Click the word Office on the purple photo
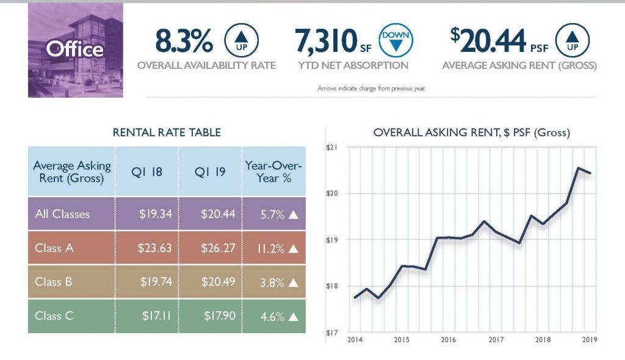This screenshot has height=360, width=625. pyautogui.click(x=75, y=49)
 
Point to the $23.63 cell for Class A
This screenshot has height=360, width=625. pyautogui.click(x=147, y=248)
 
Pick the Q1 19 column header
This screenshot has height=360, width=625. pyautogui.click(x=211, y=171)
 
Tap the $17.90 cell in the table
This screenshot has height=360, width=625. pyautogui.click(x=211, y=315)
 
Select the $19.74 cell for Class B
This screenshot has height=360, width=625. pyautogui.click(x=147, y=282)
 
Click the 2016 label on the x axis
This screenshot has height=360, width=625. pyautogui.click(x=449, y=339)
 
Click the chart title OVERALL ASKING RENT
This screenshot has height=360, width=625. pyautogui.click(x=471, y=132)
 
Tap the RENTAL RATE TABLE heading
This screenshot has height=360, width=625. pyautogui.click(x=167, y=132)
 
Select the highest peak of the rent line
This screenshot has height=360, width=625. pyautogui.click(x=578, y=168)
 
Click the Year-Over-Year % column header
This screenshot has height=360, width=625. pyautogui.click(x=274, y=171)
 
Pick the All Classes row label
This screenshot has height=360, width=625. pyautogui.click(x=62, y=214)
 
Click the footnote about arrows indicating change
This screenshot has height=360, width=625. pyautogui.click(x=371, y=88)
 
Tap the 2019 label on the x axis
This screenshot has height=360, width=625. pyautogui.click(x=590, y=339)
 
